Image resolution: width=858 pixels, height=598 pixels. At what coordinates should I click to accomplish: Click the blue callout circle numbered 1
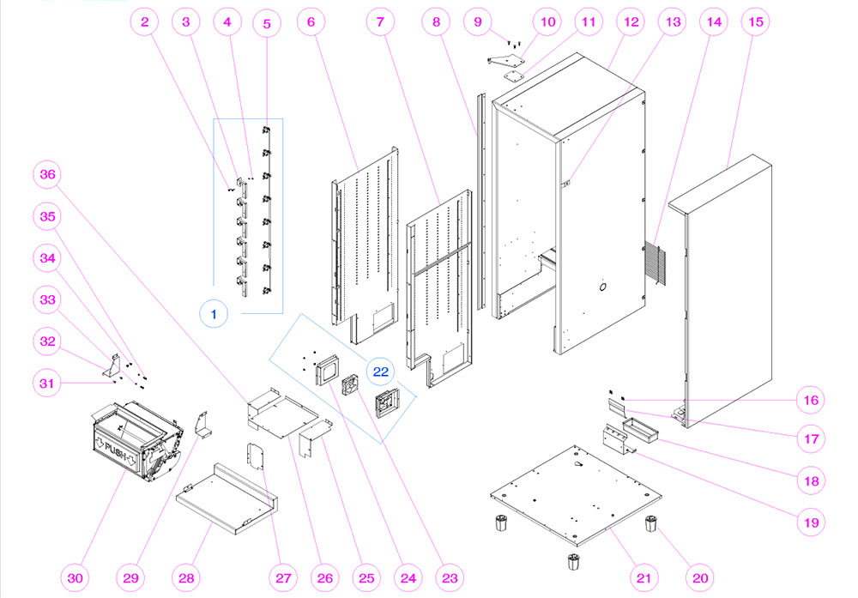pos(214,314)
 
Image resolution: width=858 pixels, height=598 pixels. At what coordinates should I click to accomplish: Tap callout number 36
pos(48,175)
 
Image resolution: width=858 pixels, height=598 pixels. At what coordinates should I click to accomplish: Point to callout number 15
pos(755,23)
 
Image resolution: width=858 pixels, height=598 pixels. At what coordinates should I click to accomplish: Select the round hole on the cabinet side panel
pos(602,286)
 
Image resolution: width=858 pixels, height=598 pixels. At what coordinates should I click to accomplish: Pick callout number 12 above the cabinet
pos(631,23)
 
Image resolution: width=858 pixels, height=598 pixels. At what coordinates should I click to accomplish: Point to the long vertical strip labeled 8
pos(478,206)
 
